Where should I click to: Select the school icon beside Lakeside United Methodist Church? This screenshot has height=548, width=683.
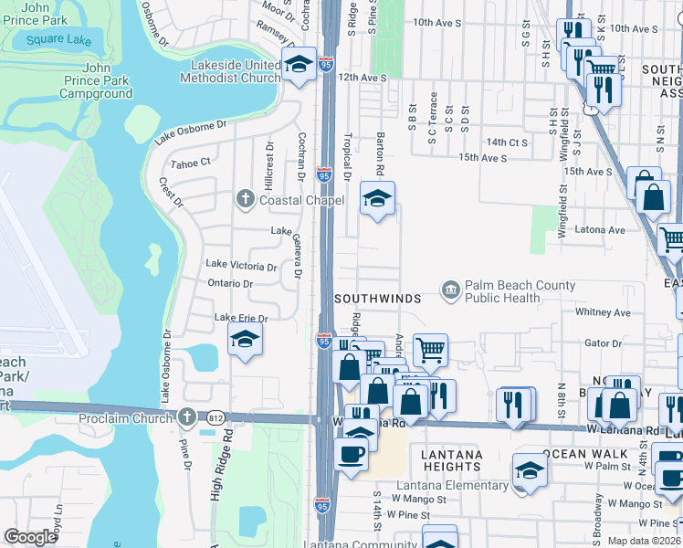click(298, 64)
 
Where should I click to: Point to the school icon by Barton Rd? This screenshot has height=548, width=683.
click(376, 198)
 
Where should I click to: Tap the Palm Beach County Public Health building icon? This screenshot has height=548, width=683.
click(451, 290)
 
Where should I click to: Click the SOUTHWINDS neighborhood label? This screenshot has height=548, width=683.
click(377, 299)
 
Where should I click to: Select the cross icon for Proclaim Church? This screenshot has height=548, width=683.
click(186, 416)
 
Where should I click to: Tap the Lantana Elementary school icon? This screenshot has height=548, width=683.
click(529, 469)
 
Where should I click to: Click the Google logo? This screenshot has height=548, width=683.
click(30, 537)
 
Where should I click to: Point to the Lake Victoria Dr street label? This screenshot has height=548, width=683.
click(241, 266)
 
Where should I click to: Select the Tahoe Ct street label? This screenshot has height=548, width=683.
click(192, 162)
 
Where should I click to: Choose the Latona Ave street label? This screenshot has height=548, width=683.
click(599, 230)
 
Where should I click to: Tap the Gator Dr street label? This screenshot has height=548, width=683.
click(603, 344)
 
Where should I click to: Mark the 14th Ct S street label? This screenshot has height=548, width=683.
click(507, 142)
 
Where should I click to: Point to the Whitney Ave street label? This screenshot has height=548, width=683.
click(603, 312)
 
